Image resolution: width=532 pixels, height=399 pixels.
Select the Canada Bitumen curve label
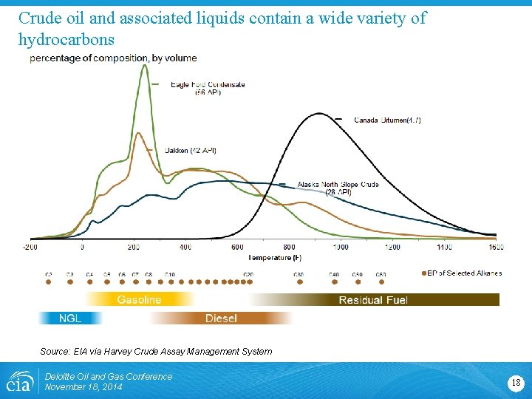[387, 120]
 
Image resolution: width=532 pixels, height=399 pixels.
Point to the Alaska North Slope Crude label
[338, 188]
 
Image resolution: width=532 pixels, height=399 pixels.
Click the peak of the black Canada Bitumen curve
[318, 114]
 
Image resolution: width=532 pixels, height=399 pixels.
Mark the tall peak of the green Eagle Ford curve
[144, 66]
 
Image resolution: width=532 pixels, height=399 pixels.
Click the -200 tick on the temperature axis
[30, 247]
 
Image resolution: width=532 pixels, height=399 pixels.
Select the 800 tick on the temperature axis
[289, 247]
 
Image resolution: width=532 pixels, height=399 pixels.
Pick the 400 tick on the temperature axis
[185, 247]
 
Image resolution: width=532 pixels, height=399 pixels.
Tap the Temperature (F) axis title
[275, 257]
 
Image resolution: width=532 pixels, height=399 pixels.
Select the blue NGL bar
[70, 318]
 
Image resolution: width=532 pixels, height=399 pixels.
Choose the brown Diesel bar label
[221, 318]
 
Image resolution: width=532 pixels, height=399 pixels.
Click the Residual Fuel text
[373, 299]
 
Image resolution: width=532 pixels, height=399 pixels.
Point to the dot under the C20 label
[248, 282]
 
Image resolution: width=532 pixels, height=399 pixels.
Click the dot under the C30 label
[299, 282]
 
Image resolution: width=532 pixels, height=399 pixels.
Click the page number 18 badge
[515, 382]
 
